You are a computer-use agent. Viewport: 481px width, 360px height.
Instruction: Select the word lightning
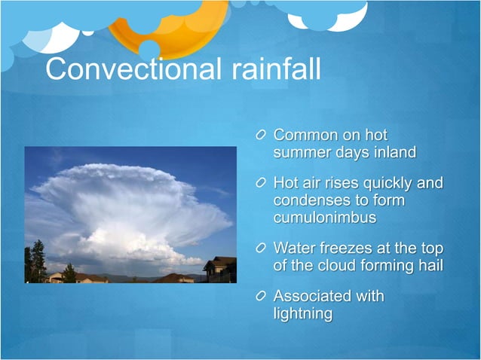click(303, 313)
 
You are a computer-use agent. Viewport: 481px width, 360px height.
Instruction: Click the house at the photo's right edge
click(221, 269)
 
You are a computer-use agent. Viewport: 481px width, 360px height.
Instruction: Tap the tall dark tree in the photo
click(38, 261)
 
